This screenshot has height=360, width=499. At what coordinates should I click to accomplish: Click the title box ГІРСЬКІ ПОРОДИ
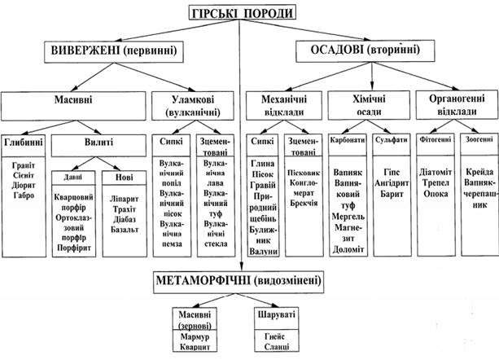(x=240, y=13)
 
